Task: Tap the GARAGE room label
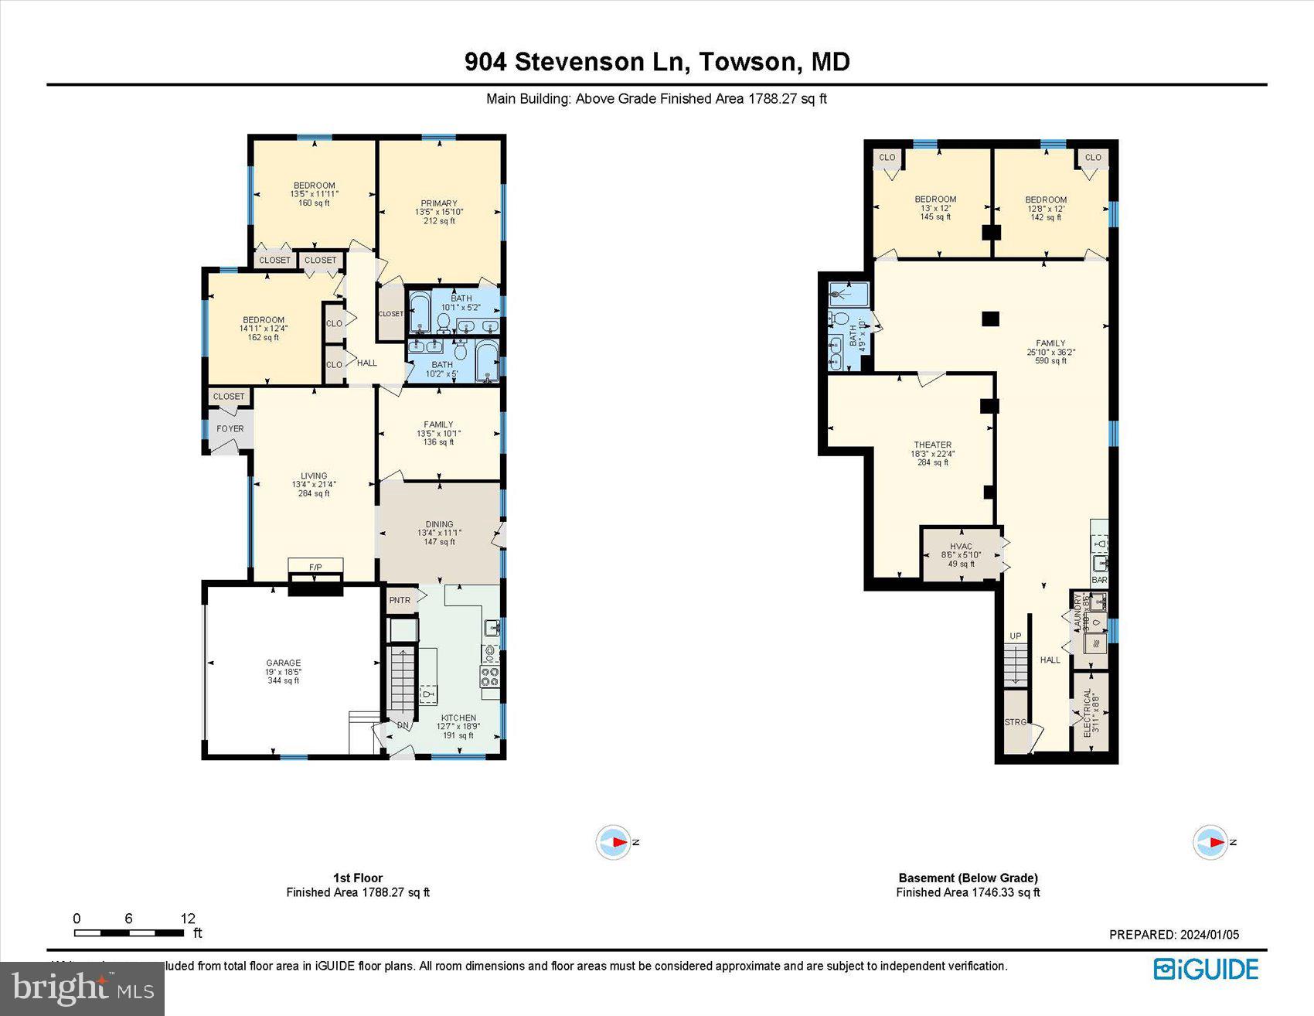284,663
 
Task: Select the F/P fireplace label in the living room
315,568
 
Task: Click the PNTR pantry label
400,600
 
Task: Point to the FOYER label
230,428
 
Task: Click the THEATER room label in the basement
932,445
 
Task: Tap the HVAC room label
961,547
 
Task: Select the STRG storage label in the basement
1015,722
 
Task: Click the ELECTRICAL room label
1088,713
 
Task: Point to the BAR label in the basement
1099,580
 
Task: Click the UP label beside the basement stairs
1016,636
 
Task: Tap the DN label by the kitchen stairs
403,725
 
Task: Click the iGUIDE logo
1206,970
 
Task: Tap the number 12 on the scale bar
188,919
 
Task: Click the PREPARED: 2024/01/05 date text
1173,935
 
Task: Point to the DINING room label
439,524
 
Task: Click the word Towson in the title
746,62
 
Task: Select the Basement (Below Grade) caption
968,878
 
